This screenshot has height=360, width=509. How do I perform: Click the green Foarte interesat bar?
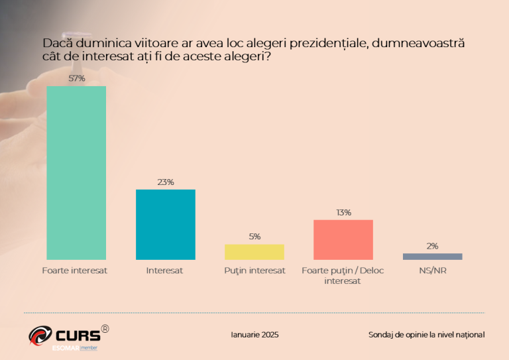76,172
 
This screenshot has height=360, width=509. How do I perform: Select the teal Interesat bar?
166,224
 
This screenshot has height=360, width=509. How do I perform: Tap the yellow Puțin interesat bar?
254,252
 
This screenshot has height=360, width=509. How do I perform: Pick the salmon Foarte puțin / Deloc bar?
343,239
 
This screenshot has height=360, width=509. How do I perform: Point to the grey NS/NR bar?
432,257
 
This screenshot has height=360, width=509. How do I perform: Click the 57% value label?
76,79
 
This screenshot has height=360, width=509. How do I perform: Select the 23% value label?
166,182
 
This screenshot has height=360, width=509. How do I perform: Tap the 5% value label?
254,237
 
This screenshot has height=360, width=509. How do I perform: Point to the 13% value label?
343,213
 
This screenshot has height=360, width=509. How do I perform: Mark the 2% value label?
432,246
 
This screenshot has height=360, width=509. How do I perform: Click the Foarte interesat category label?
74,270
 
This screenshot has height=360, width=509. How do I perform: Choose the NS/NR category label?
433,270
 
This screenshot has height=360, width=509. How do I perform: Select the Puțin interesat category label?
254,270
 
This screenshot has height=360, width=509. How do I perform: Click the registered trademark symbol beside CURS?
105,328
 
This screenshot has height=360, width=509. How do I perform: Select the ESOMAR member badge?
74,347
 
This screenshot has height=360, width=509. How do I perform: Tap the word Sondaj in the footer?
382,335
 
